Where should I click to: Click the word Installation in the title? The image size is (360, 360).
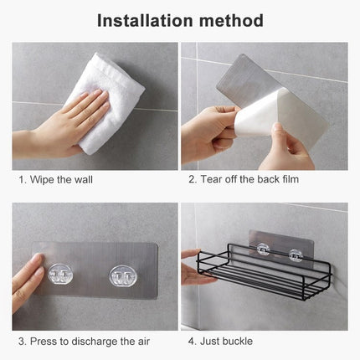(145, 20)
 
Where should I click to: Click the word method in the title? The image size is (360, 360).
(231, 20)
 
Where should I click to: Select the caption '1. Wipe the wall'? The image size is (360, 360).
(56, 179)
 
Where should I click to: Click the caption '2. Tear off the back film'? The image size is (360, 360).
(243, 179)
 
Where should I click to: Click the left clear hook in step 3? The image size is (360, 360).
(61, 274)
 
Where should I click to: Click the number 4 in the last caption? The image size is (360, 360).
(191, 341)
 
